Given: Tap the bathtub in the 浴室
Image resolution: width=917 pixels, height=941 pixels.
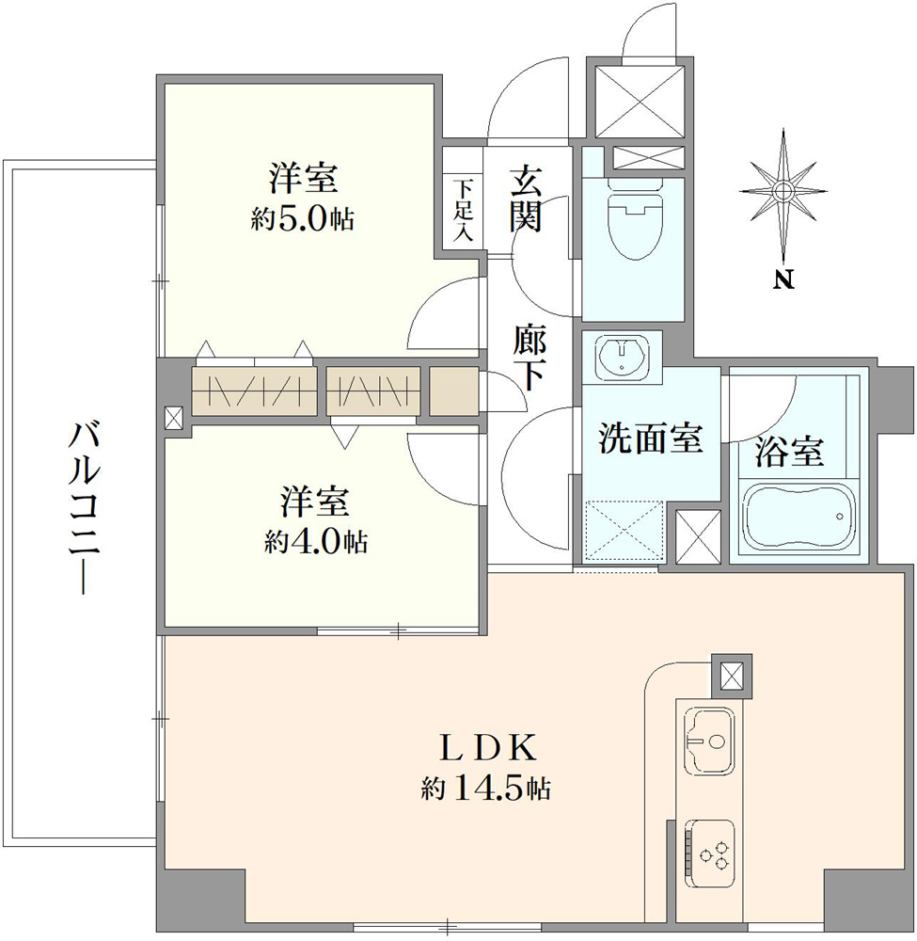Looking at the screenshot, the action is tap(797, 515).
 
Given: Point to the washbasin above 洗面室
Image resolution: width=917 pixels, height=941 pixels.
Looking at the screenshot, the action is tap(623, 356).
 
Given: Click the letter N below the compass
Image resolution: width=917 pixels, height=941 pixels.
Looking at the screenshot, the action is tap(783, 279).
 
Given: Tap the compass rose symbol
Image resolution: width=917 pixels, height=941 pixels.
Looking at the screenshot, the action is tap(783, 191).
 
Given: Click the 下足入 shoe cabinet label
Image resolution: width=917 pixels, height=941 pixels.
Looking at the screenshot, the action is tap(463, 210).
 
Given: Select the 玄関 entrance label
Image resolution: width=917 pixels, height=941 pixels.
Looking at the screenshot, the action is tap(526, 199).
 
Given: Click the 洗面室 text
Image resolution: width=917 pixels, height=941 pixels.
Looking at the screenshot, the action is tap(650, 439).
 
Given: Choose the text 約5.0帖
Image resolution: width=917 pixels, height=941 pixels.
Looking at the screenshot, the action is tap(302, 220).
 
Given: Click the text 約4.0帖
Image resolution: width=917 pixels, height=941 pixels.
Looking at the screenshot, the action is tap(315, 542).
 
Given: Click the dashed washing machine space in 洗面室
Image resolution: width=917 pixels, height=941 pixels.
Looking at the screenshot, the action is tap(624, 531).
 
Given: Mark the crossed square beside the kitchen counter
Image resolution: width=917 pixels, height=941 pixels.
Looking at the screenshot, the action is tap(732, 677).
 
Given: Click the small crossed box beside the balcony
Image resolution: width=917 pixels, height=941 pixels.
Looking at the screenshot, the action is tap(175, 418).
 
